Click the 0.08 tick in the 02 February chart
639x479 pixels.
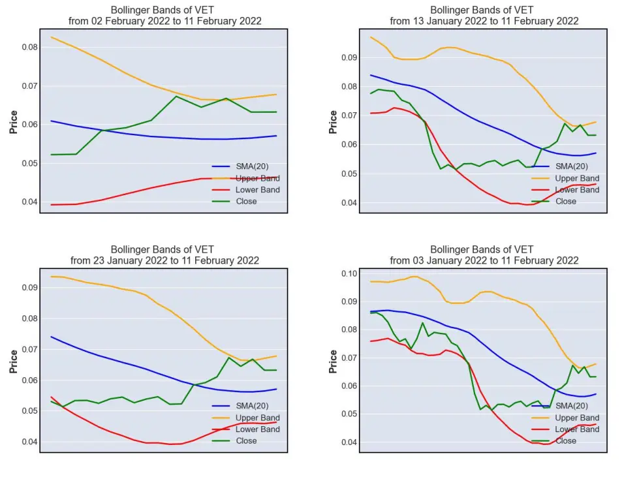coord(29,47)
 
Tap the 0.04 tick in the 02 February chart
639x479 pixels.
coord(29,202)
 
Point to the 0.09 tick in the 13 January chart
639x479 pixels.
coord(349,57)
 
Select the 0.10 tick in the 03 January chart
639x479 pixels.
coord(349,273)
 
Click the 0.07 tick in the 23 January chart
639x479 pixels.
coord(29,349)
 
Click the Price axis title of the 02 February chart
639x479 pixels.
coord(14,122)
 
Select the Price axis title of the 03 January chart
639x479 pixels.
coord(333,362)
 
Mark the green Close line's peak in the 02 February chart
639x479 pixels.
coord(176,96)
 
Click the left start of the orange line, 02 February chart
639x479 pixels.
coord(51,37)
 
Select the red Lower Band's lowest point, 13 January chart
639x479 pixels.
coord(528,204)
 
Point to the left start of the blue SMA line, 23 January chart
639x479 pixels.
coord(51,337)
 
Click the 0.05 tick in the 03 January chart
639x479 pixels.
coord(349,414)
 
